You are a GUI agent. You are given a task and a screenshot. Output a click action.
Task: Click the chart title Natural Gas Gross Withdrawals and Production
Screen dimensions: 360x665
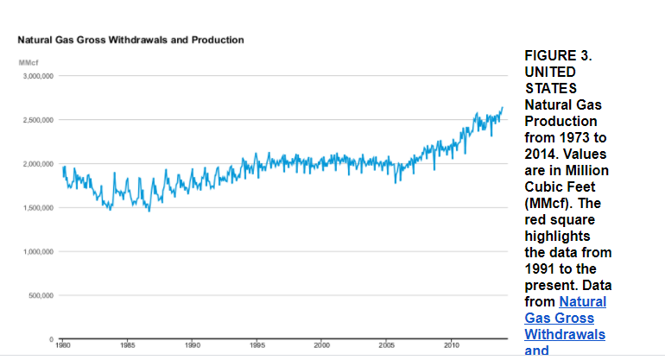tap(130, 40)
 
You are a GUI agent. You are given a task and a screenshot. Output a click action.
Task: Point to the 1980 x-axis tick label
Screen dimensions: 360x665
tap(63, 344)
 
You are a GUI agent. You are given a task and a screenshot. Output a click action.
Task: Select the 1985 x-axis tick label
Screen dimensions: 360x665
tap(128, 344)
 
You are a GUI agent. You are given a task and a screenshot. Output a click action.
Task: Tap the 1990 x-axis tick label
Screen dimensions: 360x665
tap(192, 344)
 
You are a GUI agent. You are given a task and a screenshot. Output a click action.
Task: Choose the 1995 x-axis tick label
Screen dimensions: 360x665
tap(256, 344)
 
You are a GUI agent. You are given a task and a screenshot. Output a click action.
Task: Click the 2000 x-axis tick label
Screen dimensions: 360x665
tap(321, 344)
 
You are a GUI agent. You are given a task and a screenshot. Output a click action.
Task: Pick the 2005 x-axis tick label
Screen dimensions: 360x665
tap(386, 344)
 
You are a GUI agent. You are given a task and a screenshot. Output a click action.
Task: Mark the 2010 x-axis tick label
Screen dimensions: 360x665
tap(451, 344)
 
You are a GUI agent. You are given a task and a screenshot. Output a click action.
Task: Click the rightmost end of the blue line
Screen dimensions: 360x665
tap(503, 107)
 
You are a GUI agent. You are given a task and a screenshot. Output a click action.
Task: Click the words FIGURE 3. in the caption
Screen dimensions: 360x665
tap(558, 55)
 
